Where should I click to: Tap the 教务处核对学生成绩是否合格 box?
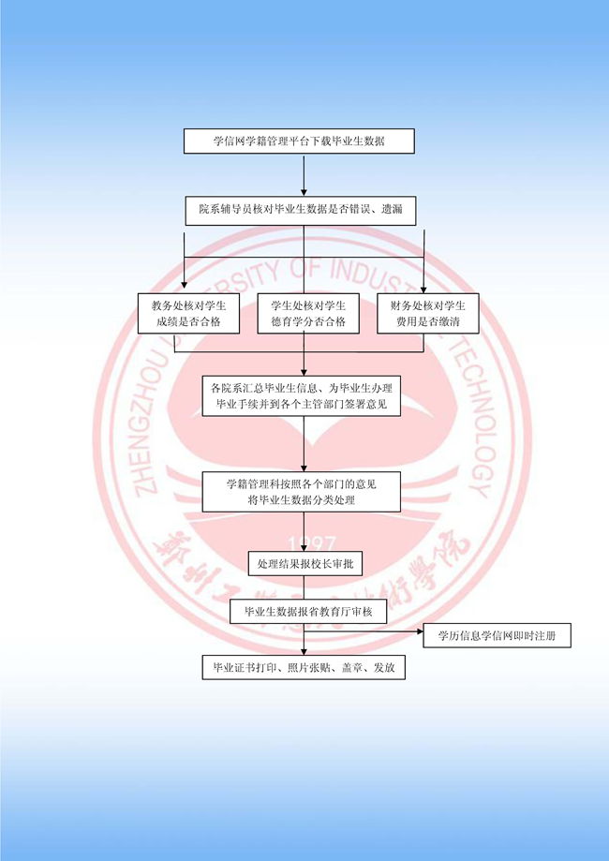point(185,313)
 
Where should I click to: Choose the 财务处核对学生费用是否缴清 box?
point(427,313)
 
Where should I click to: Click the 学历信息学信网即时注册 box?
point(497,636)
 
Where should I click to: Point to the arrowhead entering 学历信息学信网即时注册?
point(419,632)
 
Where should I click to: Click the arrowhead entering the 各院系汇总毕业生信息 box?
point(304,371)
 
